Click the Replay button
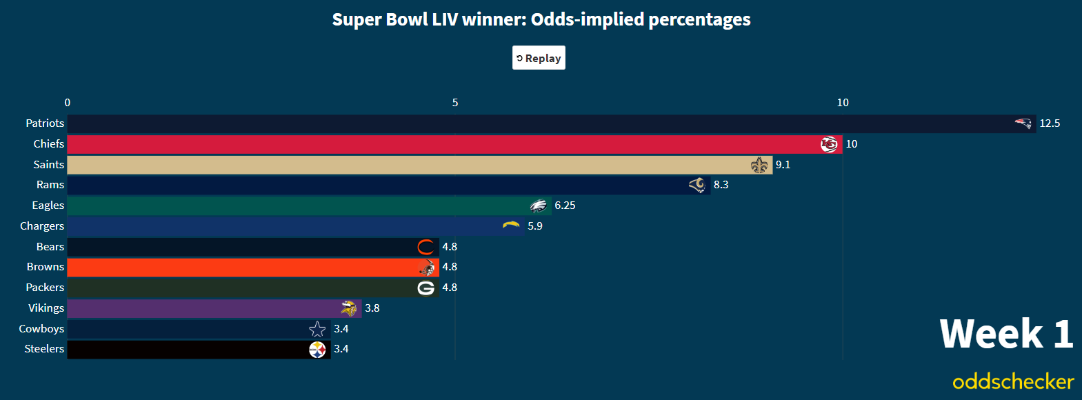[539, 58]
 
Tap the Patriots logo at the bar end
[1023, 123]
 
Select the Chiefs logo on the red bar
[829, 144]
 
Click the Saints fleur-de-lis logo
[759, 165]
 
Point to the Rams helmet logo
[697, 185]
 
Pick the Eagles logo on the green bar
[539, 206]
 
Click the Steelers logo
[317, 350]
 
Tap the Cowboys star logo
[317, 329]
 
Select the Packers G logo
[426, 288]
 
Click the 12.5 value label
[1050, 123]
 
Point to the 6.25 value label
[565, 206]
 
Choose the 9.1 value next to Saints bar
[783, 165]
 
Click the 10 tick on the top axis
[843, 103]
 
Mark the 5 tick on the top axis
[455, 103]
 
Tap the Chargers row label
[42, 226]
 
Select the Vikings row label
[46, 308]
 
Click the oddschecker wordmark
[1013, 381]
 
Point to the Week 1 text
[1006, 334]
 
